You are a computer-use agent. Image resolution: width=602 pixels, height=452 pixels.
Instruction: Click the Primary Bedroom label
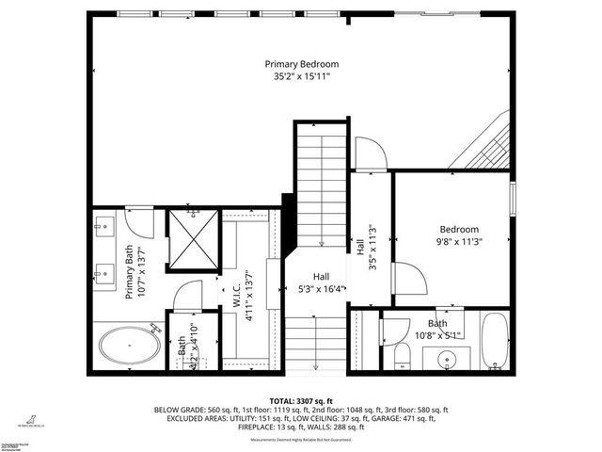pyautogui.click(x=300, y=64)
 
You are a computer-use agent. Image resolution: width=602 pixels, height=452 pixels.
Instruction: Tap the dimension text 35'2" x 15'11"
pyautogui.click(x=300, y=78)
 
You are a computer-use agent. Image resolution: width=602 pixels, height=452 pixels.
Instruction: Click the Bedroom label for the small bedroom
pyautogui.click(x=459, y=229)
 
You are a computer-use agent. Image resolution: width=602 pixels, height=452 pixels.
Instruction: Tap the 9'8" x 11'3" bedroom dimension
pyautogui.click(x=459, y=243)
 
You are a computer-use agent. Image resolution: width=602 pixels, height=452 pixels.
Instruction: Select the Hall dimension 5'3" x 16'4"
pyautogui.click(x=321, y=288)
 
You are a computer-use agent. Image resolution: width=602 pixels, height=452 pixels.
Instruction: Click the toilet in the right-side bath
pyautogui.click(x=400, y=354)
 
